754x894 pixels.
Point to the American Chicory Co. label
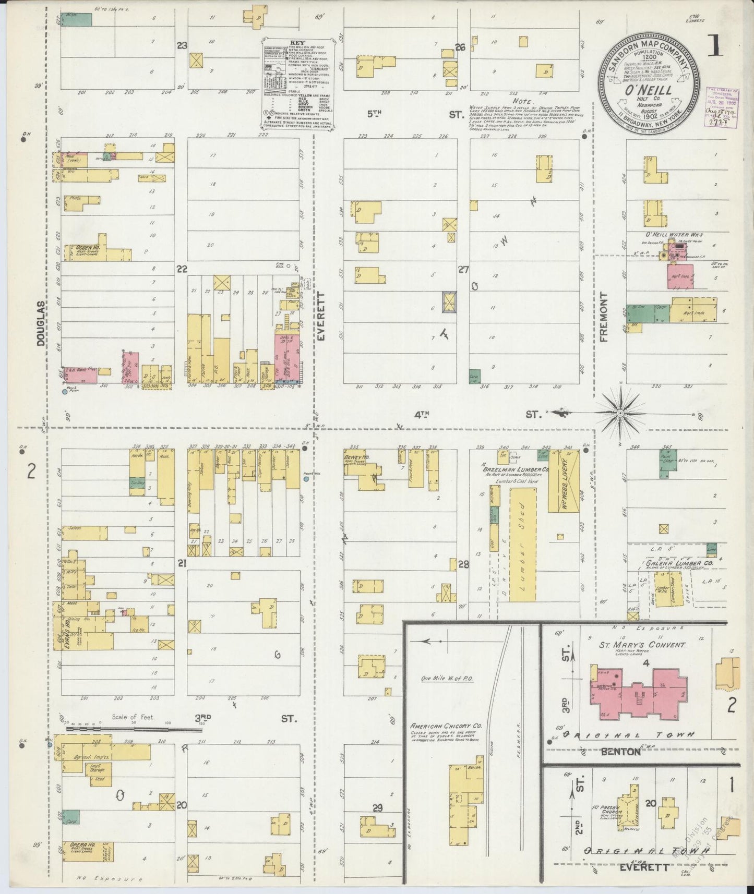click(x=446, y=726)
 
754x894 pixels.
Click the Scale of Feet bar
click(x=133, y=729)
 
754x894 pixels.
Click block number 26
click(x=460, y=47)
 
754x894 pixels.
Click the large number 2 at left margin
click(x=31, y=472)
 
